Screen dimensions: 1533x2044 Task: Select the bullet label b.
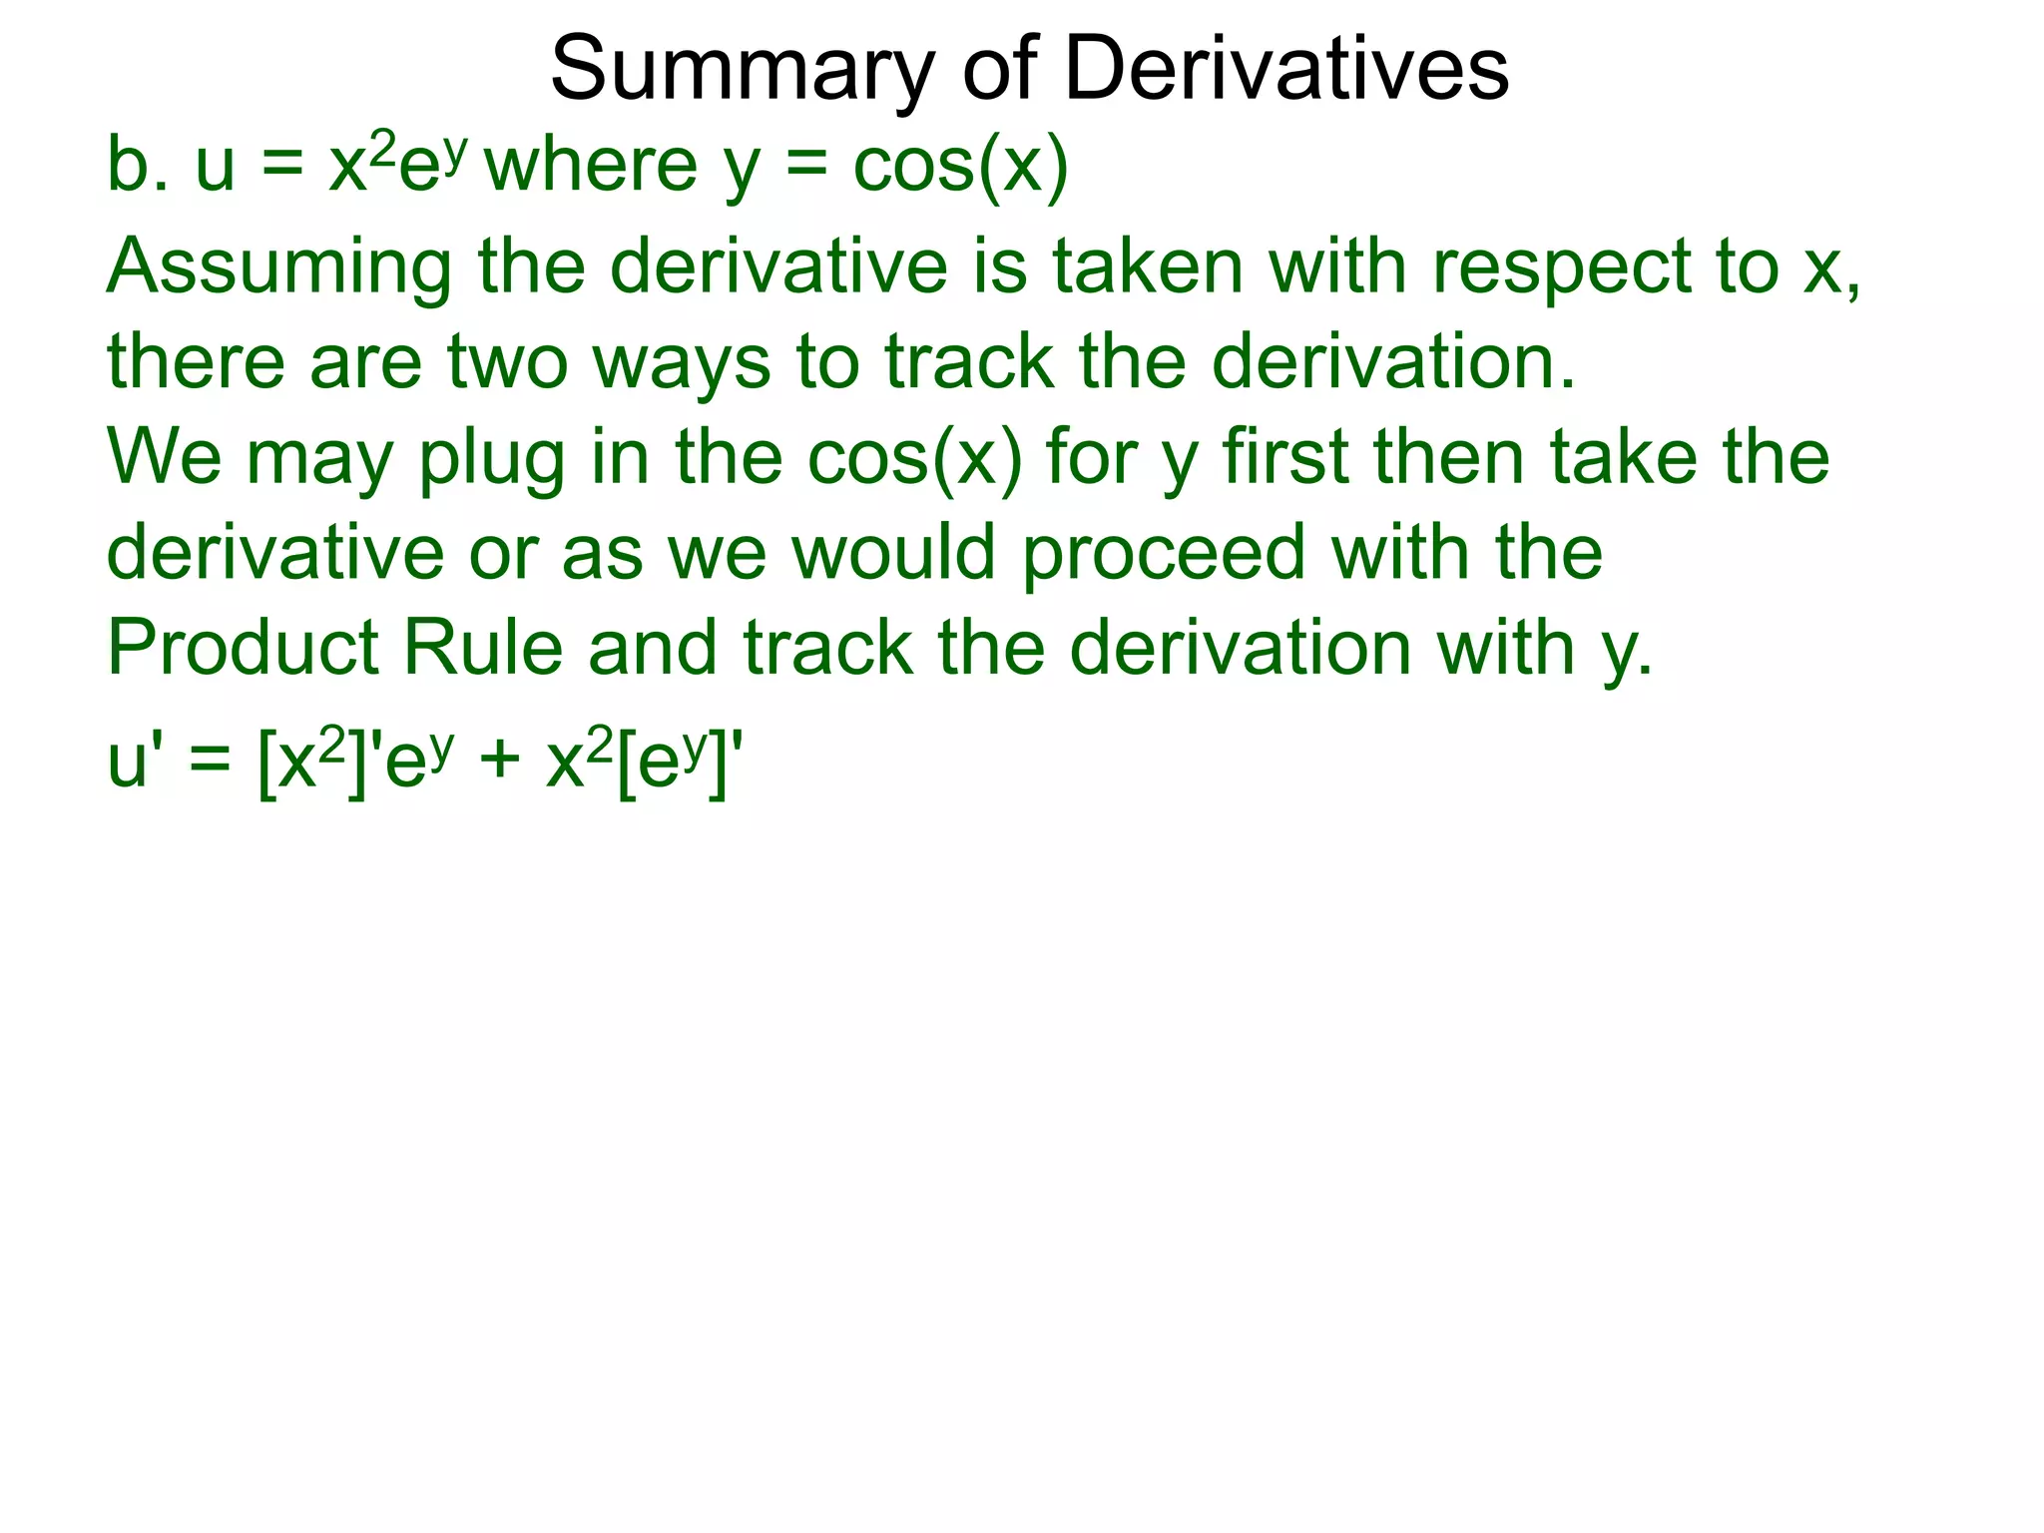click(137, 165)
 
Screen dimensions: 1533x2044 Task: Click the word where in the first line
click(591, 165)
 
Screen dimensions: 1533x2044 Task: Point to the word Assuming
click(278, 269)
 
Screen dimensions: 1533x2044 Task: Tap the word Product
click(243, 648)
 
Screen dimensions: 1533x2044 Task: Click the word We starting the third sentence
click(164, 456)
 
